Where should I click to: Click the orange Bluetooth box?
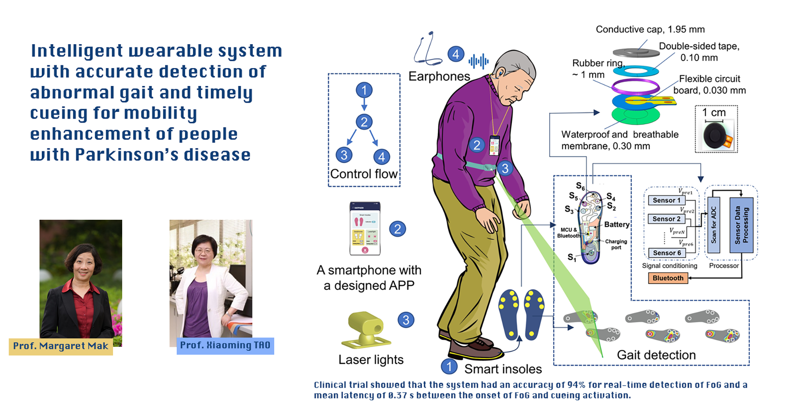pos(668,278)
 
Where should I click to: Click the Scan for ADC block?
pos(714,225)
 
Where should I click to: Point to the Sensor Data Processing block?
pos(741,225)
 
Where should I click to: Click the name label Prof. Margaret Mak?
pos(61,346)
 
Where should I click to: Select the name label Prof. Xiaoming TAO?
pos(225,345)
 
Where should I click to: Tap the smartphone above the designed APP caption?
pos(365,229)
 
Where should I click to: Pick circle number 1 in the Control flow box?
pos(364,90)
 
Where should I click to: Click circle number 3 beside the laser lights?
pos(406,320)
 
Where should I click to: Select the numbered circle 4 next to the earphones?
pos(456,54)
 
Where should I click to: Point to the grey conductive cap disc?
pos(636,52)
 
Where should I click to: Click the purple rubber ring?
pos(635,86)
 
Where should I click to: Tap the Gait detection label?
pos(656,355)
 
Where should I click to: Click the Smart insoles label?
pos(503,369)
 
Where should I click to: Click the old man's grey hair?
pos(517,64)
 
